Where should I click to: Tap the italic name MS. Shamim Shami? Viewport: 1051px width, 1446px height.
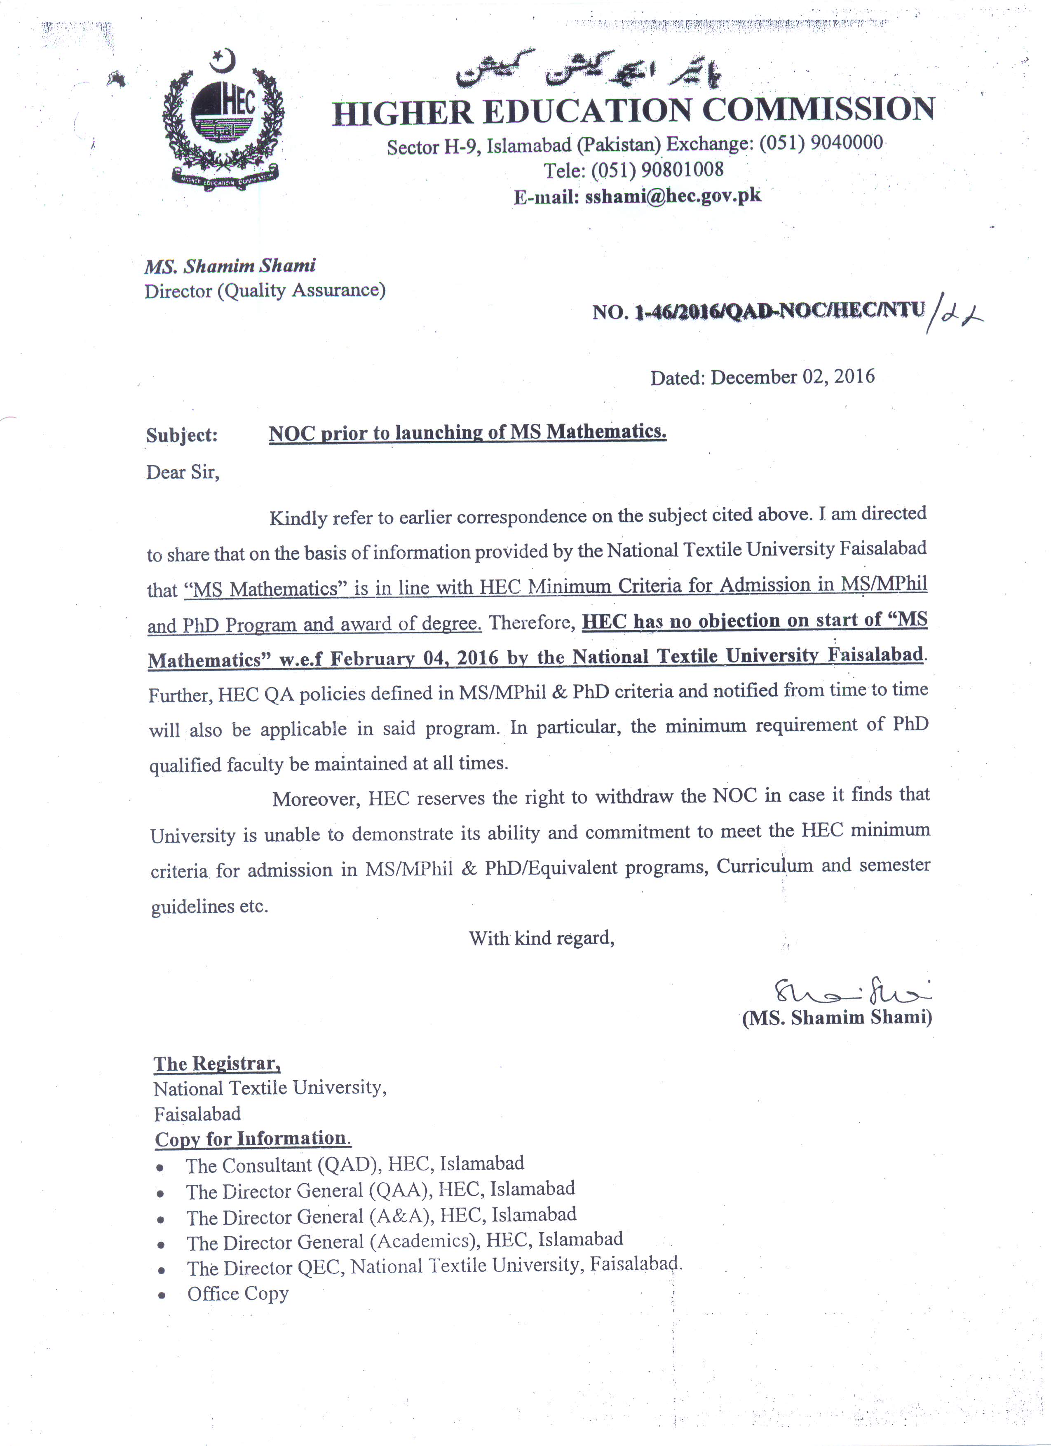pos(230,266)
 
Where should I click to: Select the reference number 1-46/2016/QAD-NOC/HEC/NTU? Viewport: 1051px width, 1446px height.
pos(779,311)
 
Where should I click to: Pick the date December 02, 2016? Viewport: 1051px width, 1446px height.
pos(792,377)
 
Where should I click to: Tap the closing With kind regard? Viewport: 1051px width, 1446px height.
pos(542,938)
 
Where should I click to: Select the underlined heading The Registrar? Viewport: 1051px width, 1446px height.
pos(217,1063)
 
